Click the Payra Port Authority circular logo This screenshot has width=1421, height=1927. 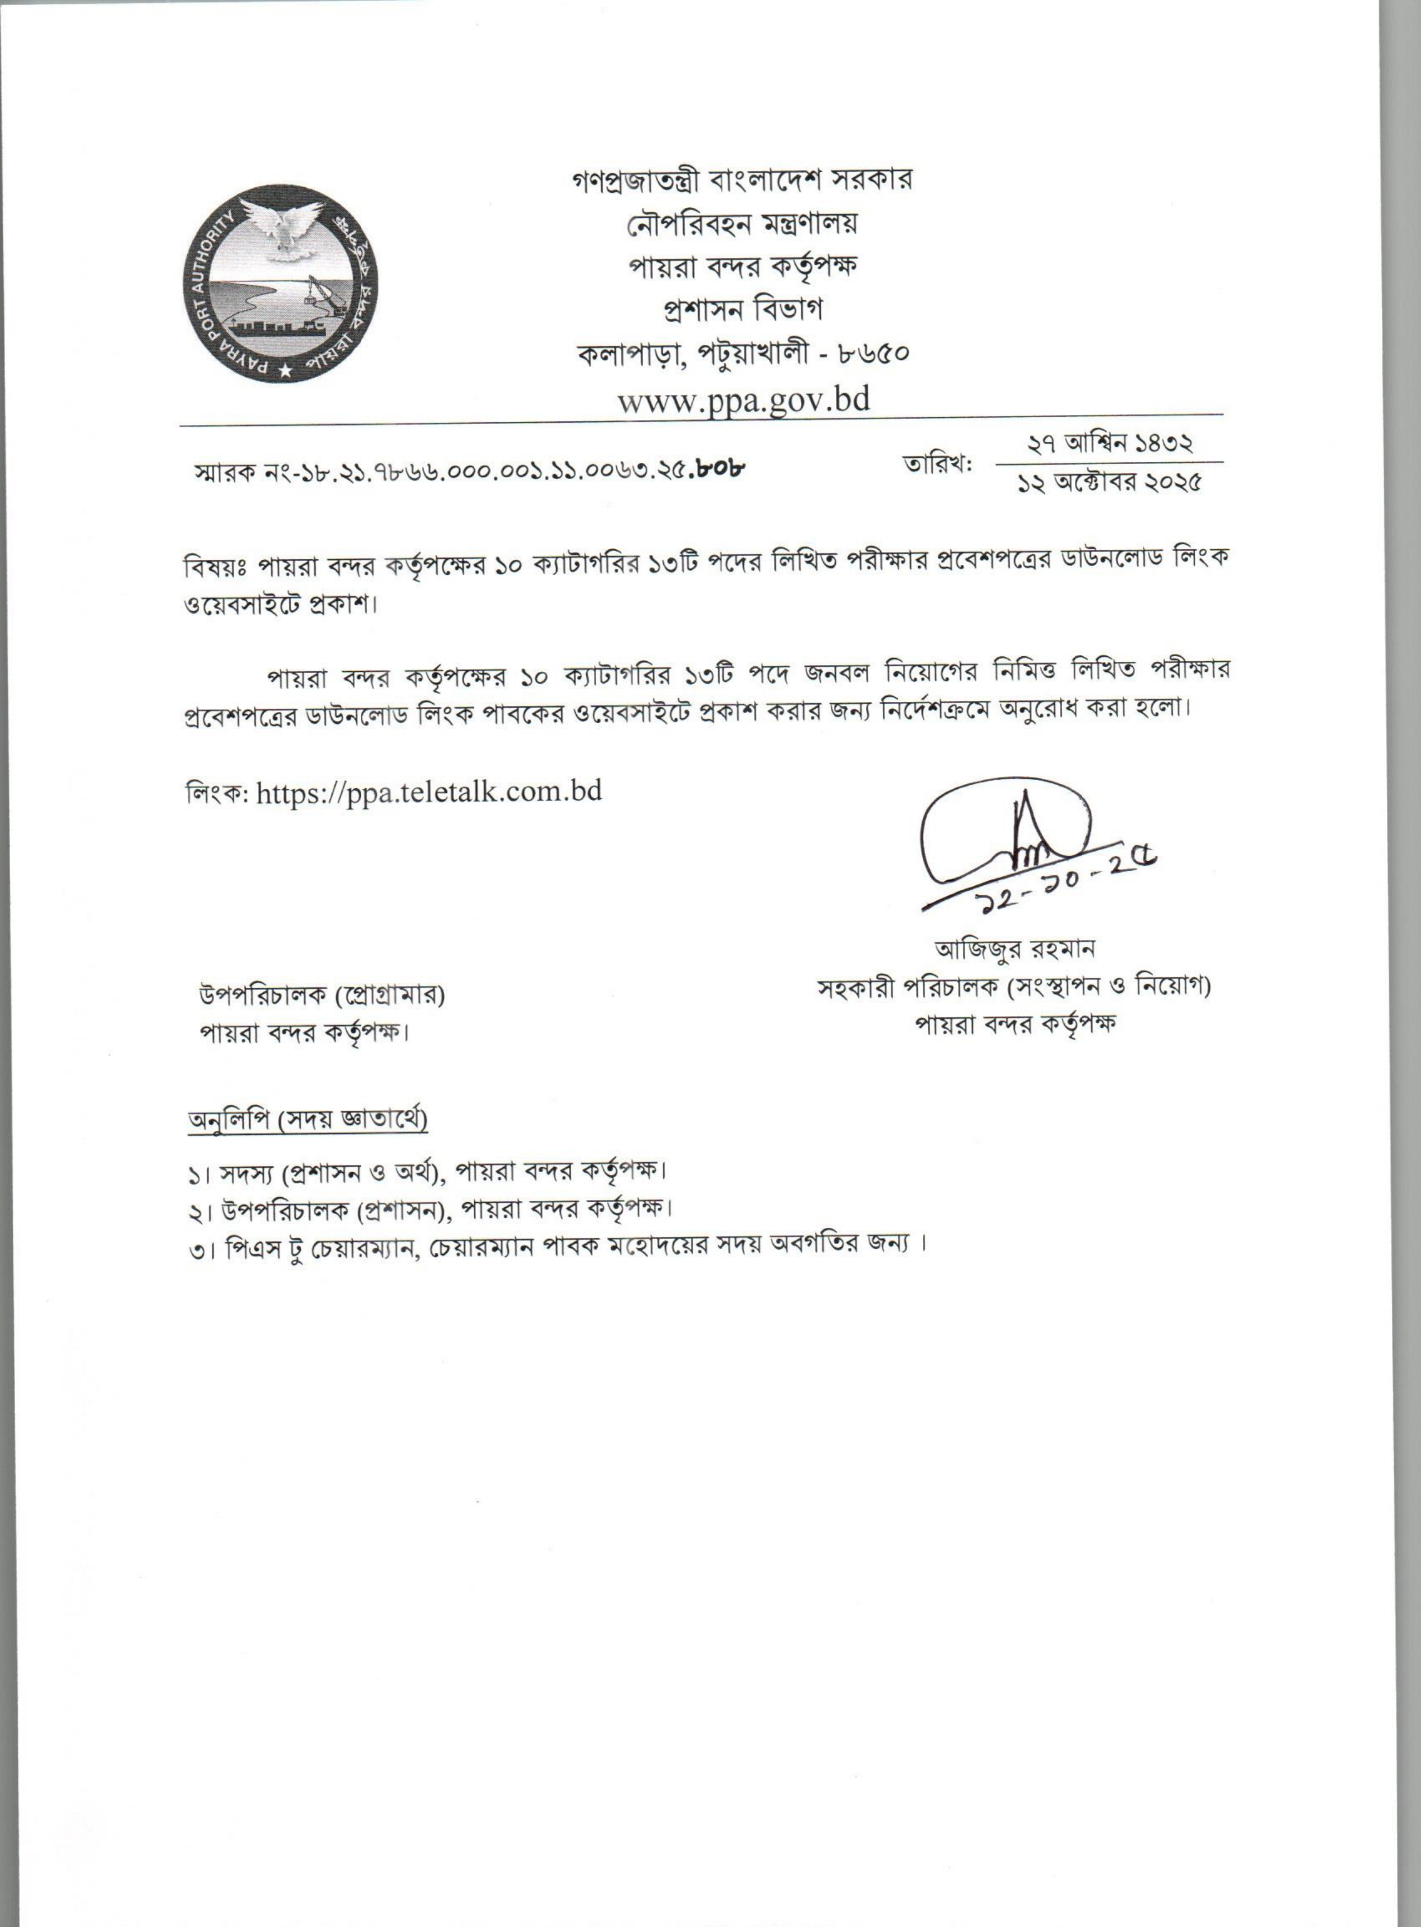point(280,284)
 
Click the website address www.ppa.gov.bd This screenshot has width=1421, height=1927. point(744,400)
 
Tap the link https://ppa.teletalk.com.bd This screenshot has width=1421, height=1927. point(429,791)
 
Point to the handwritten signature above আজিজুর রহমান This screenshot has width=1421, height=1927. point(1006,830)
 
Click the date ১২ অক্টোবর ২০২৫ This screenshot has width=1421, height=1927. point(1109,483)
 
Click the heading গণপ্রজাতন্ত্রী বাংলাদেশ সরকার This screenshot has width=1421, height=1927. point(742,180)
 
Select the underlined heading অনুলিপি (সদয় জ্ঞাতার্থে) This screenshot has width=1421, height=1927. point(308,1120)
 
